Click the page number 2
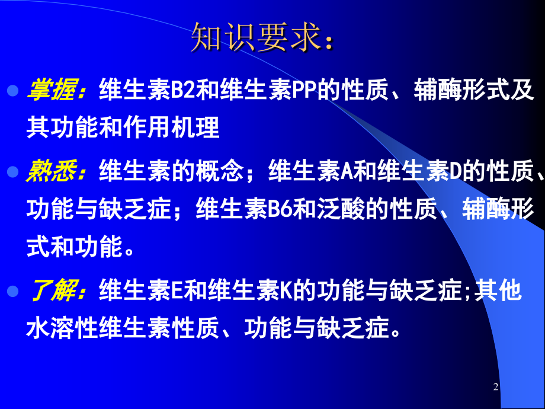click(x=496, y=387)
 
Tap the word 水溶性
click(x=63, y=328)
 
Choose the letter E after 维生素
click(x=177, y=291)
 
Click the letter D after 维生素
click(x=455, y=172)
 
